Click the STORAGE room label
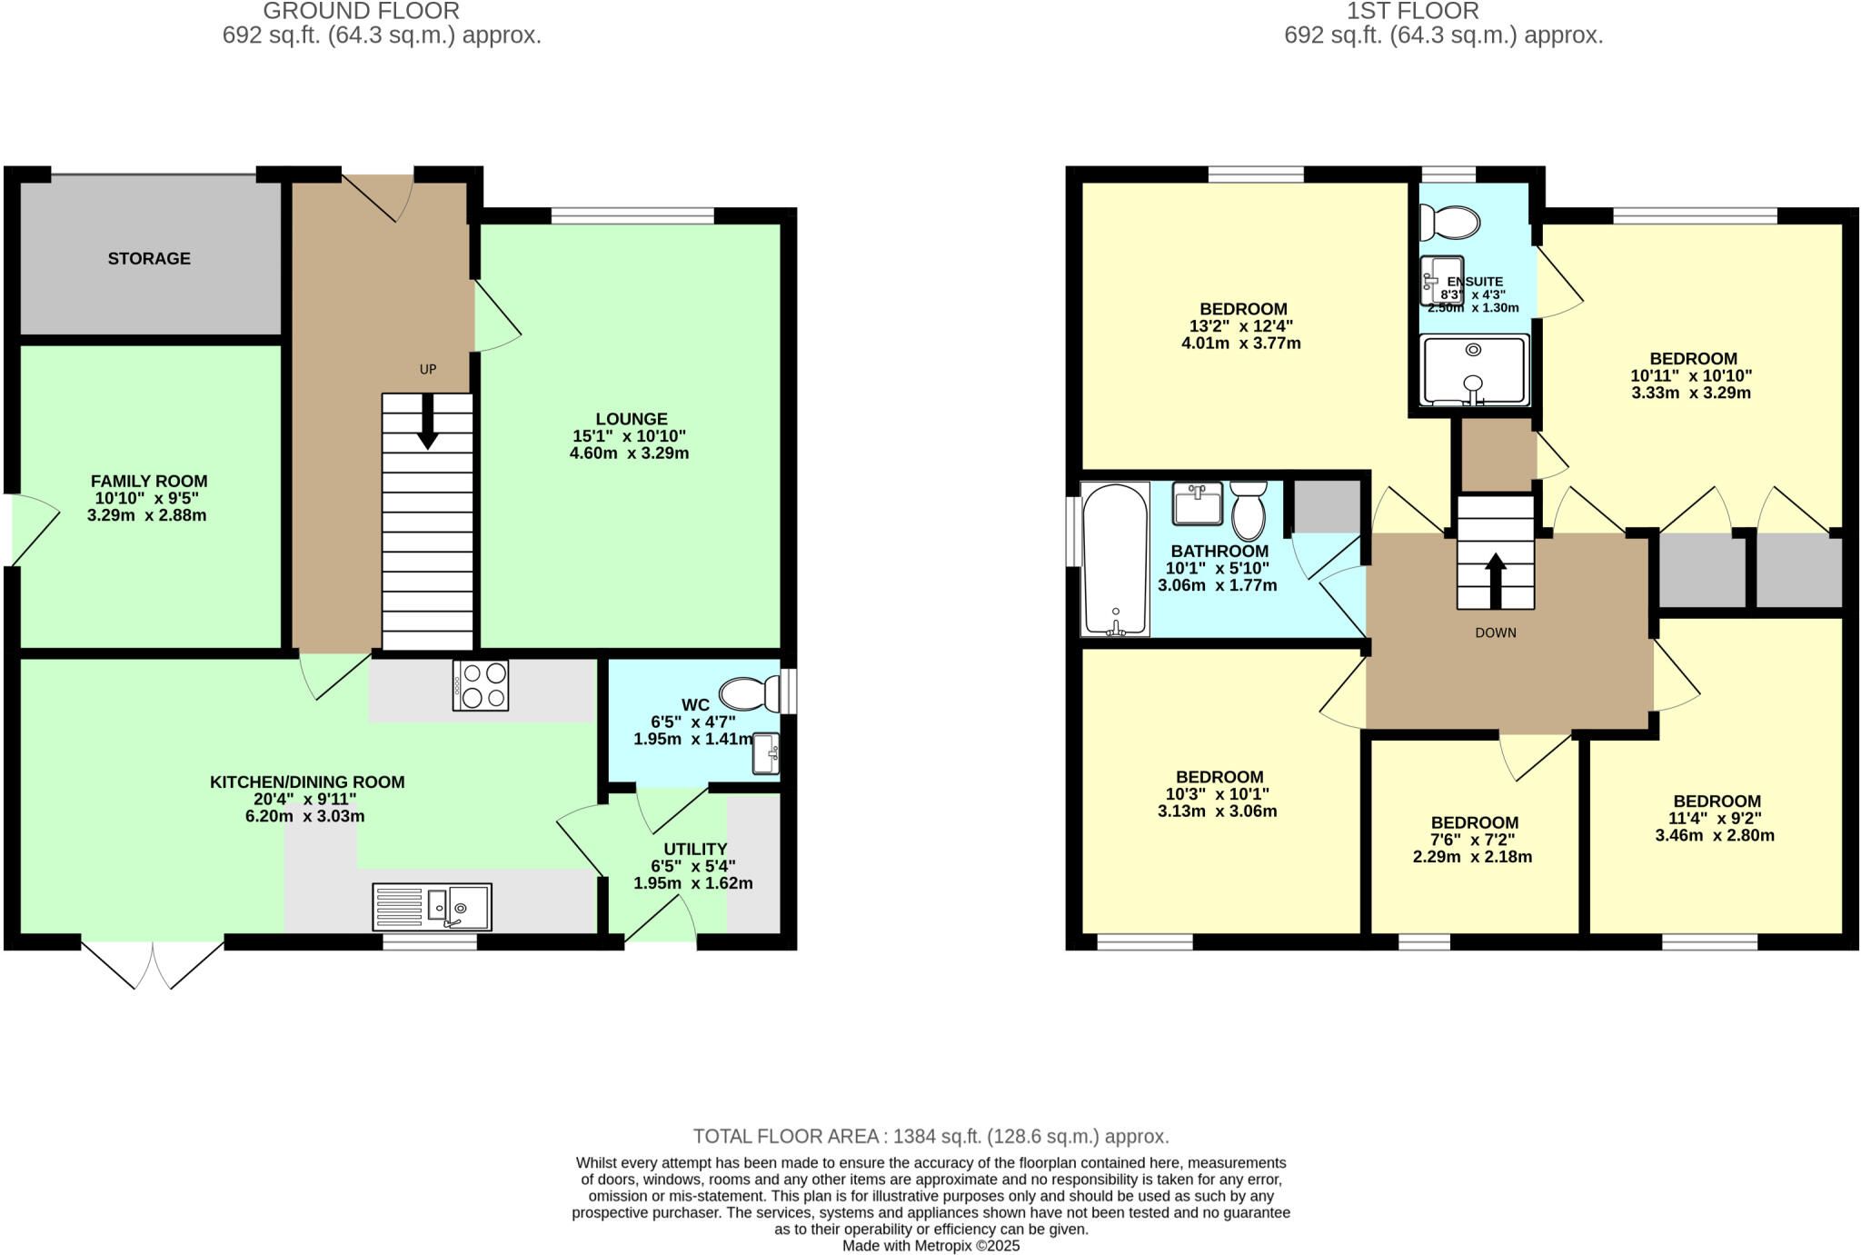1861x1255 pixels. coord(149,259)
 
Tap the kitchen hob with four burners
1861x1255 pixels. coord(481,685)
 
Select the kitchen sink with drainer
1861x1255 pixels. coord(432,907)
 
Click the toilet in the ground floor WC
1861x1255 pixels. coord(751,694)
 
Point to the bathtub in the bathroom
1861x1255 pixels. coord(1115,559)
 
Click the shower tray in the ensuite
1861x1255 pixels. coord(1475,370)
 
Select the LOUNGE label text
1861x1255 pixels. coord(632,419)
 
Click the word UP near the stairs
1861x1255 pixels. coord(428,370)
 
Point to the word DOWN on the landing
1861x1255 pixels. coord(1496,632)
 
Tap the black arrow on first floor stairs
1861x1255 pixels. coord(1496,582)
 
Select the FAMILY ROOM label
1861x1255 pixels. coord(149,482)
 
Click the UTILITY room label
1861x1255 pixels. coord(695,850)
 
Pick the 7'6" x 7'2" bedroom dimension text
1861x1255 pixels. coord(1473,841)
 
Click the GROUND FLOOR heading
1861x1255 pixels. coord(362,11)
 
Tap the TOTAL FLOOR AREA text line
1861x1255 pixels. coord(931,1137)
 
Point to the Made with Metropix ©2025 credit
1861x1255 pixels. coord(931,1246)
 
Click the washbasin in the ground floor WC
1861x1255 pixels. coord(766,753)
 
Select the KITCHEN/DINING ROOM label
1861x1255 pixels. coord(307,782)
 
